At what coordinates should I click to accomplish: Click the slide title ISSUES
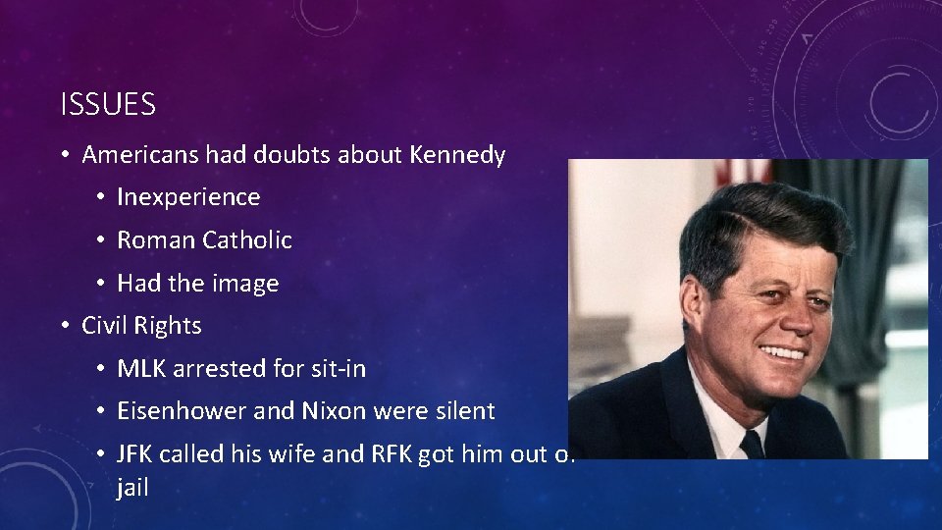coord(108,105)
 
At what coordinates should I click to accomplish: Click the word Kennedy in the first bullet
coord(458,155)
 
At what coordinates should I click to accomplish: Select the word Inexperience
coord(188,197)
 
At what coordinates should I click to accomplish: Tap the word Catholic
coord(247,240)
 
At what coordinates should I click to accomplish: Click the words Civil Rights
coord(141,326)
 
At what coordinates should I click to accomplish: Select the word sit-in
coord(335,369)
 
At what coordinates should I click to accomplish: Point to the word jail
coord(132,488)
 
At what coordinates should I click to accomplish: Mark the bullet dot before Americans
coord(65,155)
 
